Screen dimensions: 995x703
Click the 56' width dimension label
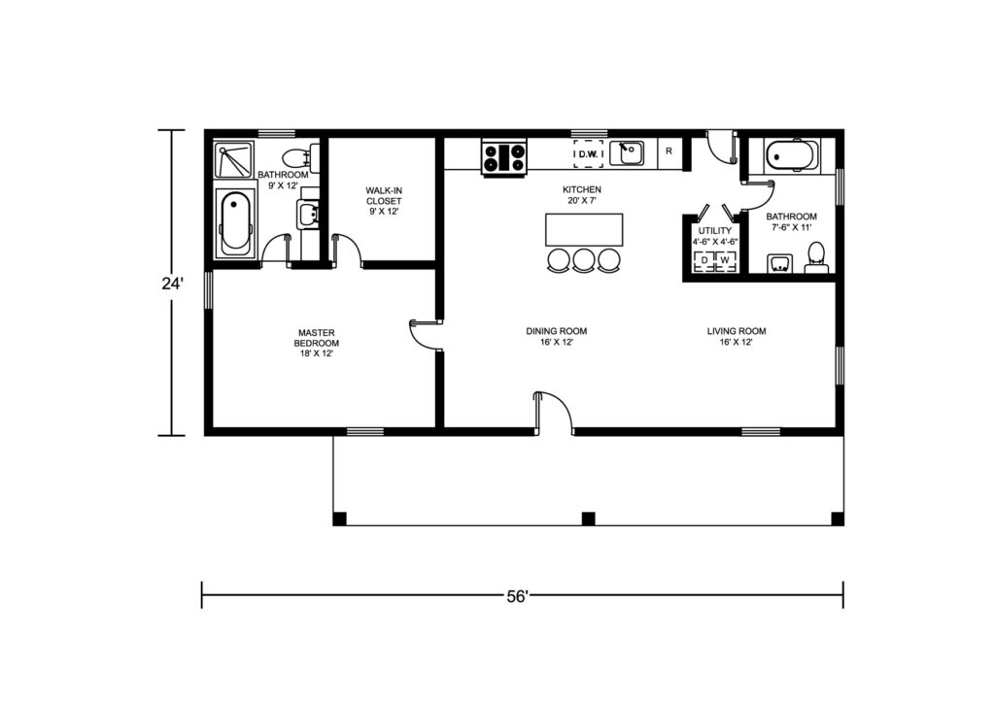click(517, 596)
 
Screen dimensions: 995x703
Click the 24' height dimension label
click(172, 284)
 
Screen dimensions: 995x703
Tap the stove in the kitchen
click(504, 158)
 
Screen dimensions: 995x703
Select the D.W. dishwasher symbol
click(588, 154)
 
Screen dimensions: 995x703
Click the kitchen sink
click(627, 153)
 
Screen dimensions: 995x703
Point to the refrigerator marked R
click(669, 152)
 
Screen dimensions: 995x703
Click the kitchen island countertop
click(584, 229)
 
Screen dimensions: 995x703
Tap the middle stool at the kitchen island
click(584, 260)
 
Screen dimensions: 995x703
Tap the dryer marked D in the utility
click(703, 261)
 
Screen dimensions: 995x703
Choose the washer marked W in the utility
click(725, 261)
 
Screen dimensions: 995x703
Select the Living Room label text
click(737, 331)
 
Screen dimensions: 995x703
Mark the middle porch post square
click(588, 519)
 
